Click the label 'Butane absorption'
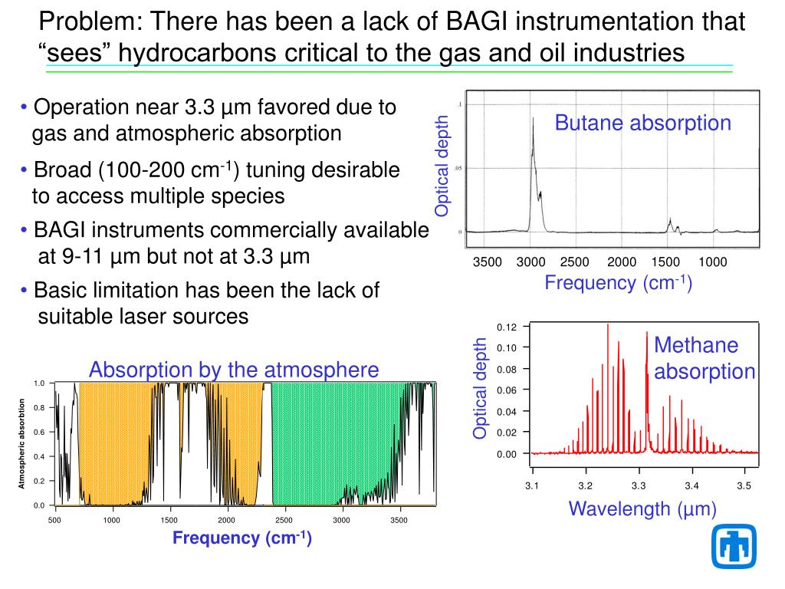point(643,123)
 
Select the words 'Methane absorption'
point(705,358)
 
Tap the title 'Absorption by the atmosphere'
point(234,370)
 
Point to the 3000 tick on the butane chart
point(530,262)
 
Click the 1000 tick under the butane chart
point(712,262)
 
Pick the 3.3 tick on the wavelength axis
point(639,485)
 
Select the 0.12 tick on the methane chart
point(507,327)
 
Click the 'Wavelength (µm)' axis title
point(642,508)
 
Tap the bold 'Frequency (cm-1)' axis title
point(241,538)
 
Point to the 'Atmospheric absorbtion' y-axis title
point(23,443)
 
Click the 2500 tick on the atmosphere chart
point(284,520)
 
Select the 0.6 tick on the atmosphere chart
point(39,432)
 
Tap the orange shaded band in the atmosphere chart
point(115,445)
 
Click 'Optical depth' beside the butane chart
point(442,166)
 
